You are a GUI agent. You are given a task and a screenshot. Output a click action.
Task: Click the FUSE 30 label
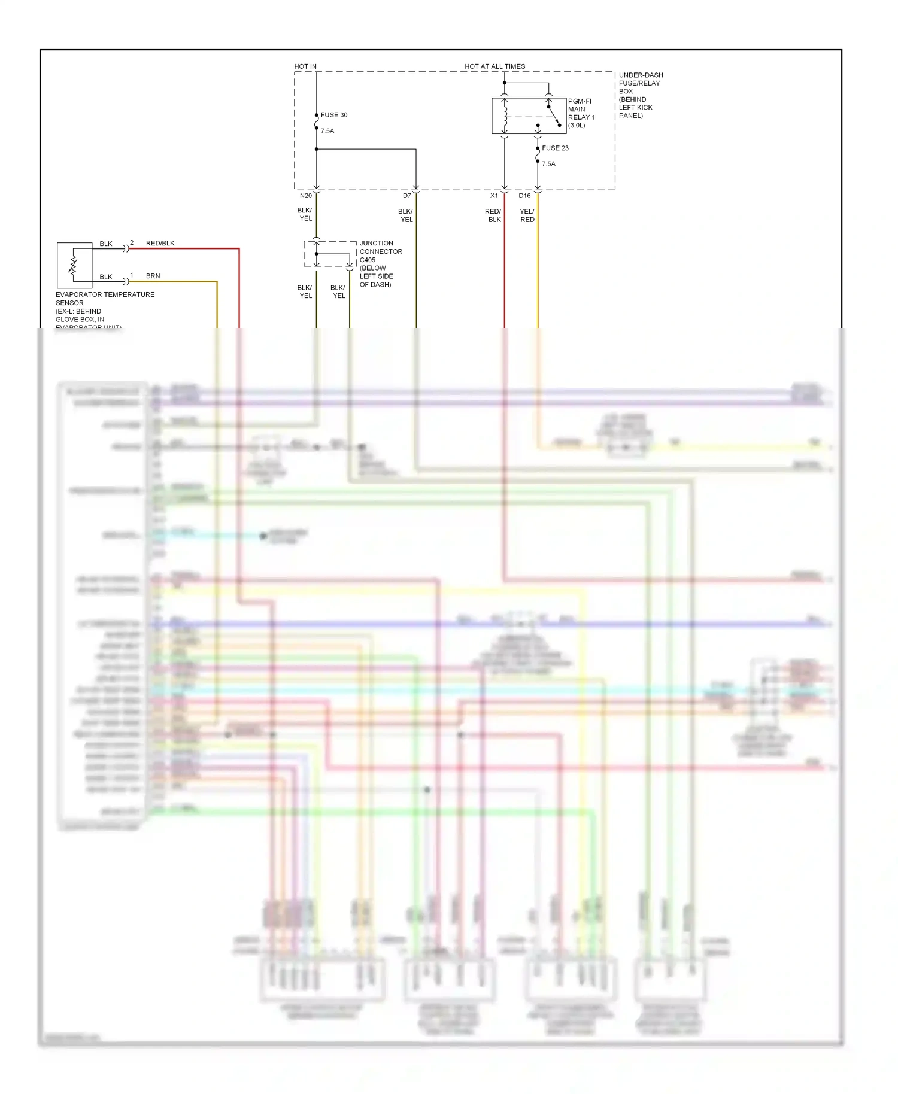[x=333, y=115]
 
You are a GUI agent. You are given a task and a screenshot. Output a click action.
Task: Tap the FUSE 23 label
[x=555, y=148]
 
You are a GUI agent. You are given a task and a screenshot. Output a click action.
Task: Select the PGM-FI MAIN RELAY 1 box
[x=529, y=116]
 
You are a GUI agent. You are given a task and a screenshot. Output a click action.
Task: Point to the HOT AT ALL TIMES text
[x=494, y=66]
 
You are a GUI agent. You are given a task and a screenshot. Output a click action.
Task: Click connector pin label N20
[x=305, y=196]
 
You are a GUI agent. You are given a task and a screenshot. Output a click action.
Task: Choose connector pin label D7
[x=406, y=196]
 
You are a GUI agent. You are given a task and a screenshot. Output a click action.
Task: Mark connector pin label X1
[x=494, y=196]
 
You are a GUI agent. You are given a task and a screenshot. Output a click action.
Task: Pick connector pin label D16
[x=524, y=196]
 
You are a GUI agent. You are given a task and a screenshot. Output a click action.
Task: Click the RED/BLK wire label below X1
[x=493, y=215]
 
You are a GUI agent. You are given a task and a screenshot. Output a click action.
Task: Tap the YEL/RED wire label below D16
[x=527, y=215]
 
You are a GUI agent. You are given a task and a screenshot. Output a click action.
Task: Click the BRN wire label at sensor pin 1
[x=153, y=276]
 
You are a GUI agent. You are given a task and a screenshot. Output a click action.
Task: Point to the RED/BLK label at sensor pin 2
[x=160, y=243]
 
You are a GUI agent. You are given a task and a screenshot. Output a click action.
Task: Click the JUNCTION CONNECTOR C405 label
[x=380, y=251]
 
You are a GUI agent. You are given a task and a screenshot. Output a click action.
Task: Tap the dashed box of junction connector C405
[x=330, y=254]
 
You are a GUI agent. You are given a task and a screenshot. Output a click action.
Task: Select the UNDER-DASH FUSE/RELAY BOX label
[x=640, y=95]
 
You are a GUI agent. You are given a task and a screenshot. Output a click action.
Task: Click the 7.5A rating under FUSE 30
[x=327, y=131]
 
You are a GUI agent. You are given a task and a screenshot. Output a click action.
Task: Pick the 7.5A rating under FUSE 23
[x=548, y=164]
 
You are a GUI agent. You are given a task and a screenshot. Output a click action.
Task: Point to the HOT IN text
[x=305, y=66]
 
